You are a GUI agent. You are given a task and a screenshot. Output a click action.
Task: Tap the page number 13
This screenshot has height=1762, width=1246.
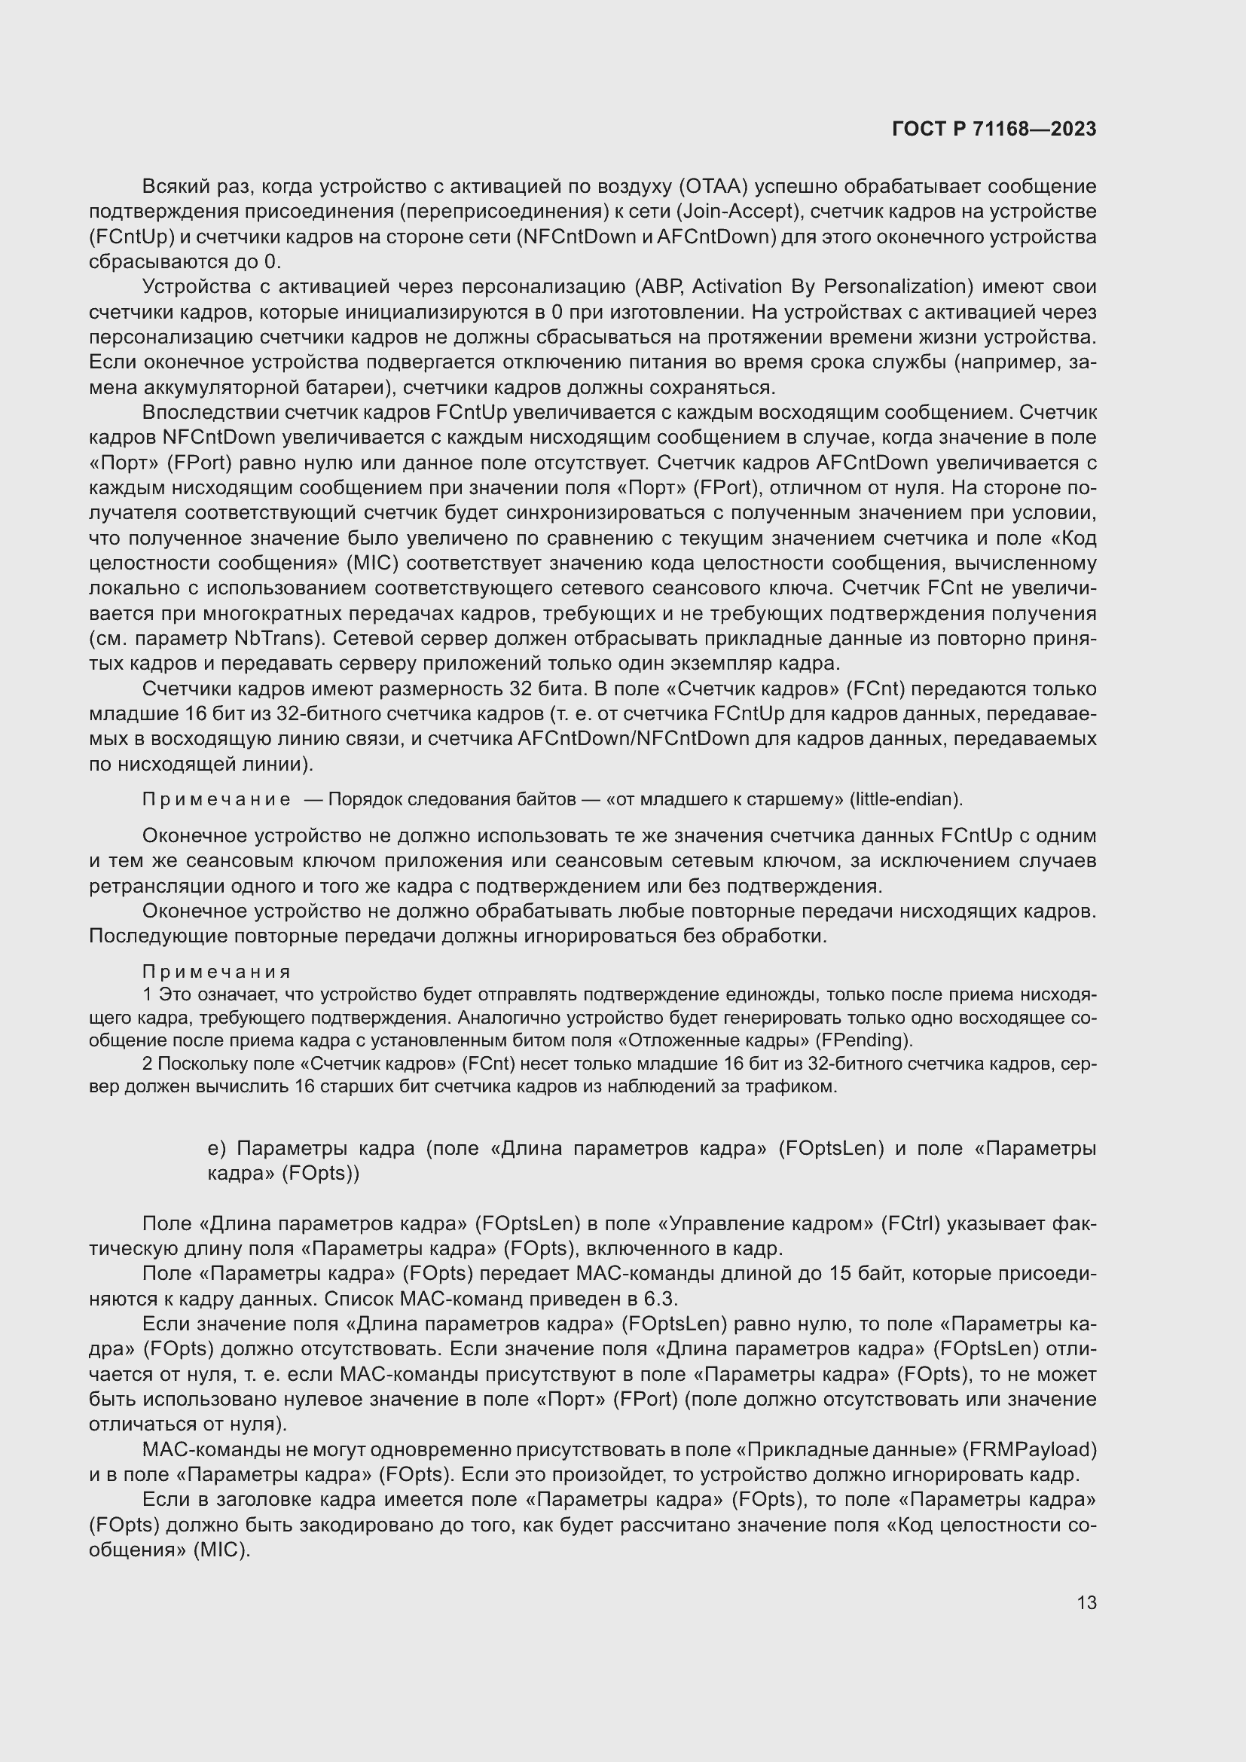tap(1086, 1602)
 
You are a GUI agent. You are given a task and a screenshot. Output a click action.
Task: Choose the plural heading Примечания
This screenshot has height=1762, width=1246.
tap(216, 973)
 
